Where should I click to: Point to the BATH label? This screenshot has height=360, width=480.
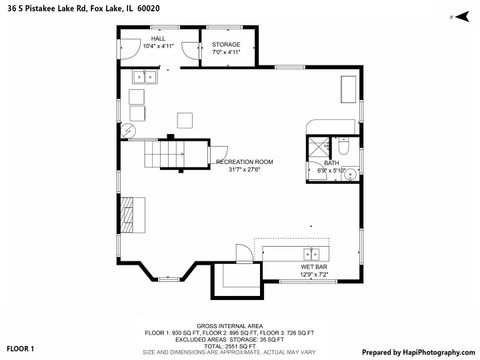point(331,162)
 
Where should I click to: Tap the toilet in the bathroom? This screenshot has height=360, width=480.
point(340,144)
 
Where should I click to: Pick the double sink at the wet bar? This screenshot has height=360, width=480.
point(312,253)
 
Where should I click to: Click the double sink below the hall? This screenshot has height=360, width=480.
point(146,76)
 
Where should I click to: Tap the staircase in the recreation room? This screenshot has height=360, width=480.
point(166,155)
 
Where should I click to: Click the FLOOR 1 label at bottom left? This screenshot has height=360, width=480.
point(20,348)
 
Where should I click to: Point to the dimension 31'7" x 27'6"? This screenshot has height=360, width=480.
point(244,169)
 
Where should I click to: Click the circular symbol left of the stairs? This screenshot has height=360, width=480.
point(127,131)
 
